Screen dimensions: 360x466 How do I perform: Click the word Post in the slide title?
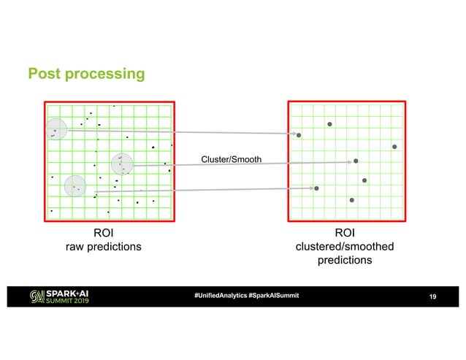[44, 74]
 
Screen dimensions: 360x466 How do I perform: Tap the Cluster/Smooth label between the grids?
[231, 158]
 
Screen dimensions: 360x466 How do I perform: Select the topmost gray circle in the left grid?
[55, 129]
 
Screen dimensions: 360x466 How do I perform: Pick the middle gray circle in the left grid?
[122, 164]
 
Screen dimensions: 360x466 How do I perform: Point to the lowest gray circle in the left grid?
[75, 186]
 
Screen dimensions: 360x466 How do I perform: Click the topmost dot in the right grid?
[330, 124]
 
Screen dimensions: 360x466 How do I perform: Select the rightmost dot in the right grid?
[394, 146]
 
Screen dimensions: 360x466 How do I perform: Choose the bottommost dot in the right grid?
[351, 199]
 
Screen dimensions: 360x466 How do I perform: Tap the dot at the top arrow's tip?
[299, 135]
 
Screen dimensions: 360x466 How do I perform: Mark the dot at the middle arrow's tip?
[356, 161]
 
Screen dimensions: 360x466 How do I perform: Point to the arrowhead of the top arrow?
[291, 134]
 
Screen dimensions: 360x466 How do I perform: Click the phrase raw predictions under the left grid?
[104, 246]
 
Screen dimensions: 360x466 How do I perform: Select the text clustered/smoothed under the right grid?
[345, 246]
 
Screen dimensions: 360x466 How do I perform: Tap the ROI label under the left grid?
[104, 233]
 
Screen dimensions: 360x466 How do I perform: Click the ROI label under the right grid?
[345, 233]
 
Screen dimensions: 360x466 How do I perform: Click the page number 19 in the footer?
[433, 296]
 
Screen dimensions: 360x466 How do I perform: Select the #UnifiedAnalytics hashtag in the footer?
[220, 296]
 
